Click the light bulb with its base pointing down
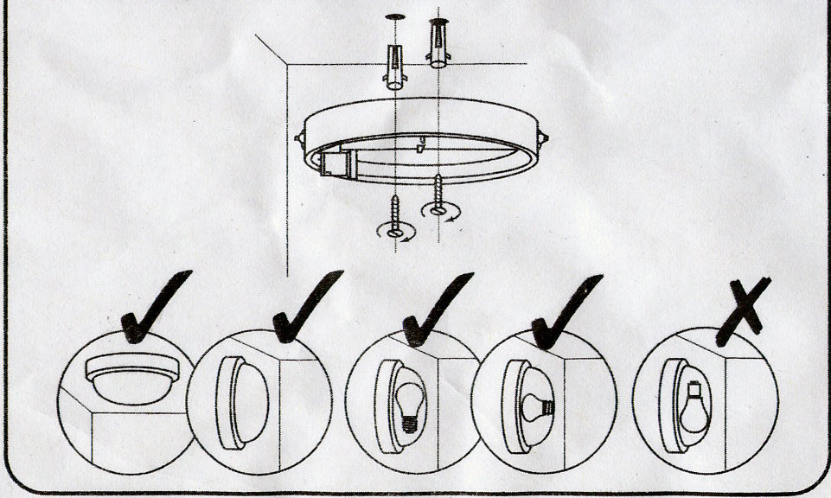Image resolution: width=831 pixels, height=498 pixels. click(x=408, y=405)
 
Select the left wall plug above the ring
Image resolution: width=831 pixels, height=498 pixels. click(x=395, y=67)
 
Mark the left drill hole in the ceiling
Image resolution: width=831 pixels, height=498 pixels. click(x=394, y=16)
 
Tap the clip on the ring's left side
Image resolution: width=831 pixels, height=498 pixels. click(x=299, y=136)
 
